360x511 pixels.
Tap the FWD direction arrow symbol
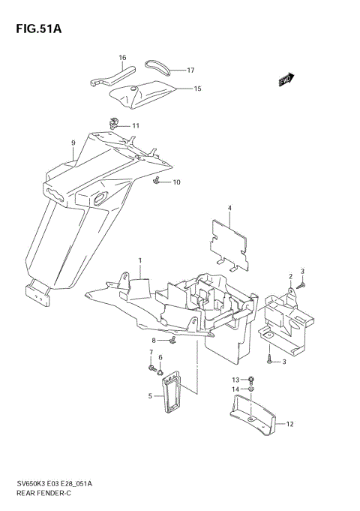[x=285, y=80]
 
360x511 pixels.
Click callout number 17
[x=190, y=71]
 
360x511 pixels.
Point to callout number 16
[x=122, y=57]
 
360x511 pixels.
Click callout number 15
[x=197, y=89]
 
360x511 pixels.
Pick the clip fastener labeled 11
[x=115, y=122]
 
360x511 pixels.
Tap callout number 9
[x=73, y=143]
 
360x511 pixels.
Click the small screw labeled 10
[x=156, y=181]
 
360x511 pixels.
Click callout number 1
[x=139, y=260]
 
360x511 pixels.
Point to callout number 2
[x=290, y=276]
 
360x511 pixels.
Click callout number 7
[x=150, y=352]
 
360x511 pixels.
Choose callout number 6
[x=160, y=357]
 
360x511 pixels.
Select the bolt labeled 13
[x=250, y=380]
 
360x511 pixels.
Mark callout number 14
[x=235, y=389]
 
